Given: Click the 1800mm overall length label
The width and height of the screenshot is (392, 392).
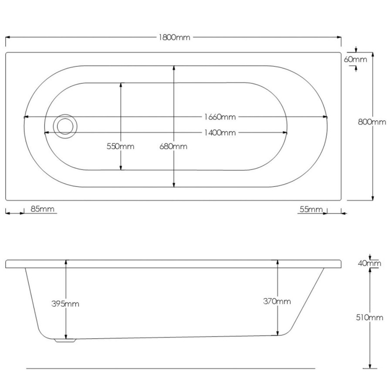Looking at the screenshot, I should coord(174,37).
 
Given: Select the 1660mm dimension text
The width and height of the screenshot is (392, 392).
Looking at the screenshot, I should coord(220,117).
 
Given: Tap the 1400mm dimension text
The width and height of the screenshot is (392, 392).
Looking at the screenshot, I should coord(220,132).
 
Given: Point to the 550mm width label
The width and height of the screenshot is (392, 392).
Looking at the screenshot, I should coord(121,146).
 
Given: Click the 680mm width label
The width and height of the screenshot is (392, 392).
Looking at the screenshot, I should coord(173,146).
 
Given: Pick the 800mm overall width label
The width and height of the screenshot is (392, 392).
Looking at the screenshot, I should coord(372,122).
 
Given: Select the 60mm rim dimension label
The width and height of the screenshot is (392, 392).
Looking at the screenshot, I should coord(355,59).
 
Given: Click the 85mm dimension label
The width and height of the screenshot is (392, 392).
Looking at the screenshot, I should coord(43,209).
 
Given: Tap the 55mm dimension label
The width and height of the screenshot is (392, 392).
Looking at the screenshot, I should coord(310,209).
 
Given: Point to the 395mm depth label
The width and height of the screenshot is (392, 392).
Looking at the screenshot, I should coord(65,304).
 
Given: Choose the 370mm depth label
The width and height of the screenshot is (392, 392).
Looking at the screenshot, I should coord(277,301).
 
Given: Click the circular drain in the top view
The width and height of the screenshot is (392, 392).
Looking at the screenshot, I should coord(65,125).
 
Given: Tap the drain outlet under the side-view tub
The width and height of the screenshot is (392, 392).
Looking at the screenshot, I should coord(65,341).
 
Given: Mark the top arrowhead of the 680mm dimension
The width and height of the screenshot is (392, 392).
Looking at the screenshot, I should coord(174,68).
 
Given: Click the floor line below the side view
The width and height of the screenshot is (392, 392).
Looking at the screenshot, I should coord(170,368).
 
